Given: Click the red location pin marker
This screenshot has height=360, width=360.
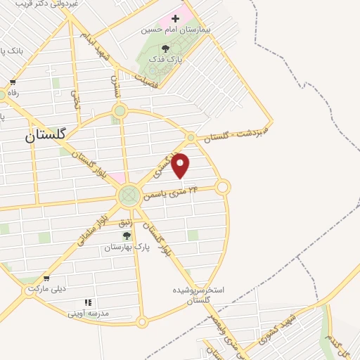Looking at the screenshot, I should pos(181,165).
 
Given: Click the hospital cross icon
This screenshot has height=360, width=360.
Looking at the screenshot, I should pos(175,17).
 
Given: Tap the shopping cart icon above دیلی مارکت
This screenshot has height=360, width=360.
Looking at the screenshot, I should pos(46,278).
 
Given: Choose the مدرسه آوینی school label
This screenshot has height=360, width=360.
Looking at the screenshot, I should pos(89,313).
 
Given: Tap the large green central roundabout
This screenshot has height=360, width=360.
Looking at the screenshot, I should pos(129,195).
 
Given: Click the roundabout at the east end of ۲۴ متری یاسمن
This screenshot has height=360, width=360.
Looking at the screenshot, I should pos(223,187).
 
